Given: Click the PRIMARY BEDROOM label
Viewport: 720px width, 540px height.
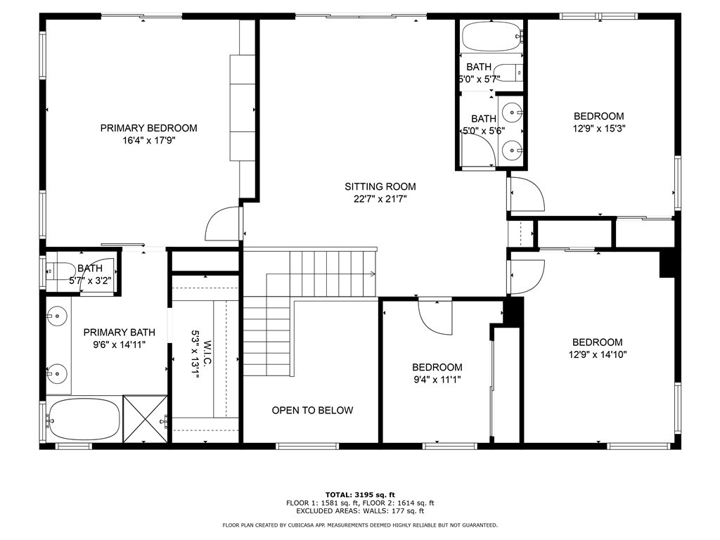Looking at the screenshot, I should (148, 128).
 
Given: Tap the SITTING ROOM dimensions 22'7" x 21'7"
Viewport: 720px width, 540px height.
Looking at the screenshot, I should (380, 199).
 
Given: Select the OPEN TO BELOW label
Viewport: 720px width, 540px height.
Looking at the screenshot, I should (312, 410).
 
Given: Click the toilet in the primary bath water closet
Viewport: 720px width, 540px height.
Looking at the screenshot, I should (58, 269).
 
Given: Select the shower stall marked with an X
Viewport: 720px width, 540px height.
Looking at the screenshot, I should (146, 419).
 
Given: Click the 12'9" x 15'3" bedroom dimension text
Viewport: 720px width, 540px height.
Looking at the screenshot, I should (598, 129).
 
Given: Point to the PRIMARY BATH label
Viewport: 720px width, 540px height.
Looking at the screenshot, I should (119, 333).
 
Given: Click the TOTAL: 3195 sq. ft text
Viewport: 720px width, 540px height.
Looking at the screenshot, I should (360, 494).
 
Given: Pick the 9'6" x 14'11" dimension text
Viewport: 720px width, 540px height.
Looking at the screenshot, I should (119, 345).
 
